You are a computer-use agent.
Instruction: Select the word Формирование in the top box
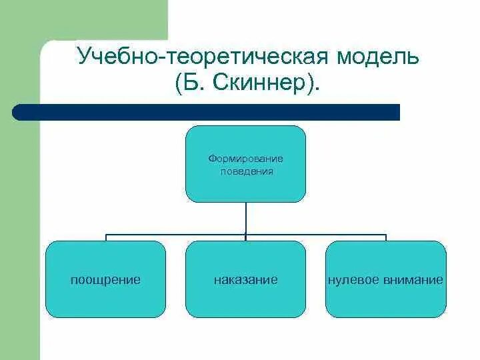[x=245, y=159]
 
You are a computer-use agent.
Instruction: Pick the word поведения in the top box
[x=247, y=171]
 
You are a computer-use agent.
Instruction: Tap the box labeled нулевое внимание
[x=385, y=300]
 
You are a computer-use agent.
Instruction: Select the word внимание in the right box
[x=413, y=280]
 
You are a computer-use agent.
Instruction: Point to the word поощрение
[x=105, y=280]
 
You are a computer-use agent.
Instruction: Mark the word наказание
[x=245, y=280]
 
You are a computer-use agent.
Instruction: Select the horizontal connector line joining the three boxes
[x=173, y=235]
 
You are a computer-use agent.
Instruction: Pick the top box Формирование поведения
[x=245, y=187]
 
